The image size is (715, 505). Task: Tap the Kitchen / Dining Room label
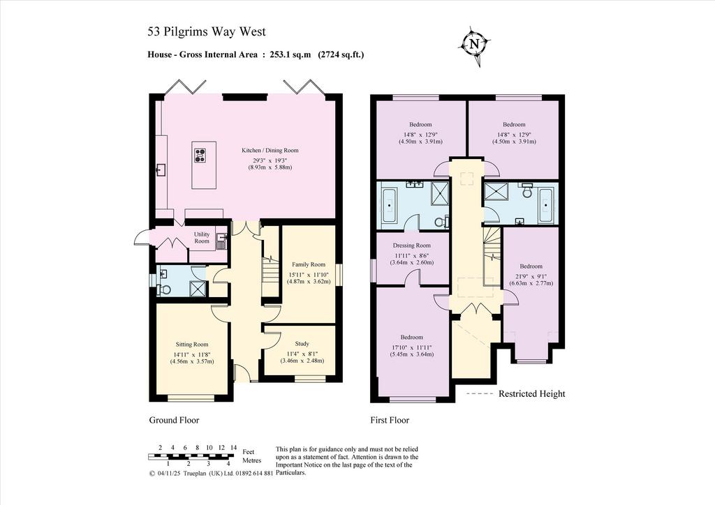270,150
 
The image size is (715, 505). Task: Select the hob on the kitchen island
200,156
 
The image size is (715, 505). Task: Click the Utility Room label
202,238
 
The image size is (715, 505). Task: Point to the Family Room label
309,264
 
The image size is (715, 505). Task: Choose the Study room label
302,344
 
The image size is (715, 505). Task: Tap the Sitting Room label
192,345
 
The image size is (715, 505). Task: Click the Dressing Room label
412,246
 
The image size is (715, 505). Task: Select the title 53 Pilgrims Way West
207,31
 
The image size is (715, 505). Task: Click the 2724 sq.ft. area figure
341,54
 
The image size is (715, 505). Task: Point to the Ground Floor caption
174,420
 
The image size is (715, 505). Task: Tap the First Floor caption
390,421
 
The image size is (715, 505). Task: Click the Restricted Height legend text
531,394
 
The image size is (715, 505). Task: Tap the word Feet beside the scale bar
249,452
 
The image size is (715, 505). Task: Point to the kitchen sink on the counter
161,170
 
